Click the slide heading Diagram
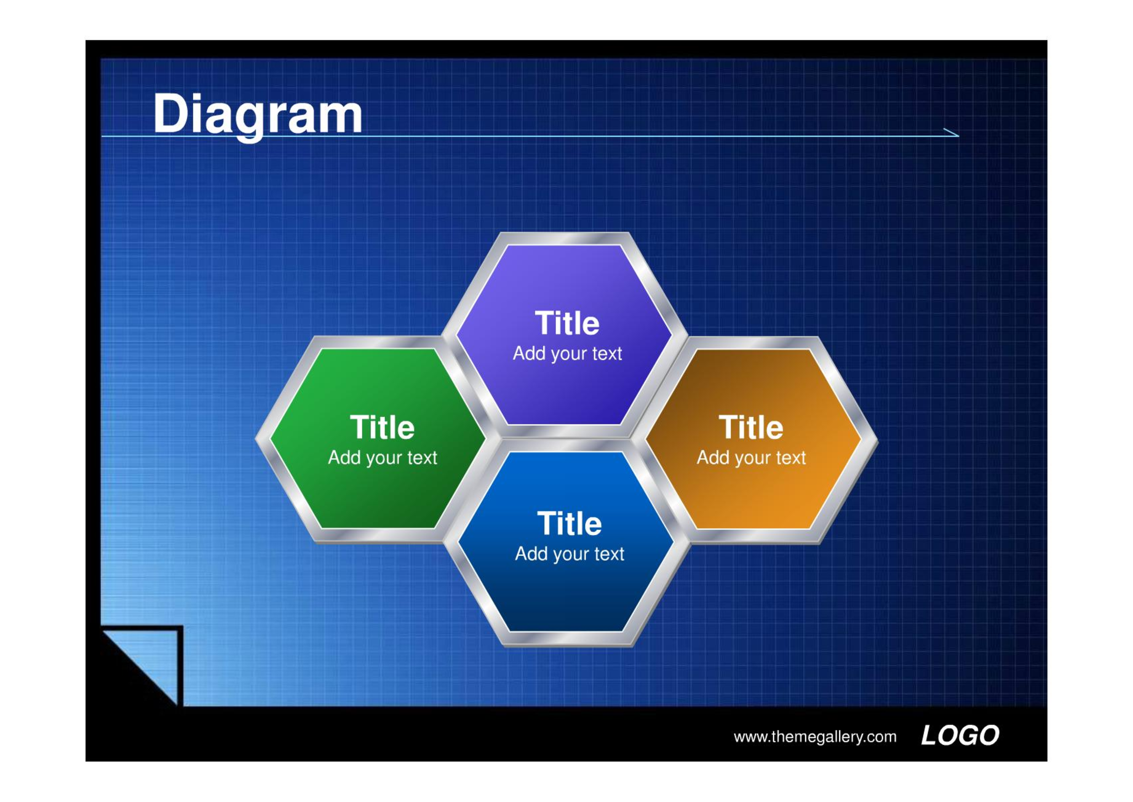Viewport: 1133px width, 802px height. click(x=258, y=116)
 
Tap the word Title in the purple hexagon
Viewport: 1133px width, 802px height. click(x=567, y=323)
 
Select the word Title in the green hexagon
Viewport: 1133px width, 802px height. click(x=382, y=427)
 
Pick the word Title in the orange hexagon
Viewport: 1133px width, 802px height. click(x=751, y=427)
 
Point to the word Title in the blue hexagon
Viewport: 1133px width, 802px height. click(x=570, y=523)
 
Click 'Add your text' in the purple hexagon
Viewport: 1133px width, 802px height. click(x=568, y=354)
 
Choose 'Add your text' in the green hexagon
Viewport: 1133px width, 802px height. click(x=382, y=458)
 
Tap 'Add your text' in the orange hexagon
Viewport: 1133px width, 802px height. click(x=751, y=458)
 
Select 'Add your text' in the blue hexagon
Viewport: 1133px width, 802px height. click(x=570, y=554)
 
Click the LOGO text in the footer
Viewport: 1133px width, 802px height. click(x=960, y=736)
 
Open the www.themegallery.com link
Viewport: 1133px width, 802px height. click(x=815, y=737)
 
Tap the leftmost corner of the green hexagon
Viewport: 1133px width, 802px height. click(x=257, y=439)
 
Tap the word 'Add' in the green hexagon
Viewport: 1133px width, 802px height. click(x=345, y=457)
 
